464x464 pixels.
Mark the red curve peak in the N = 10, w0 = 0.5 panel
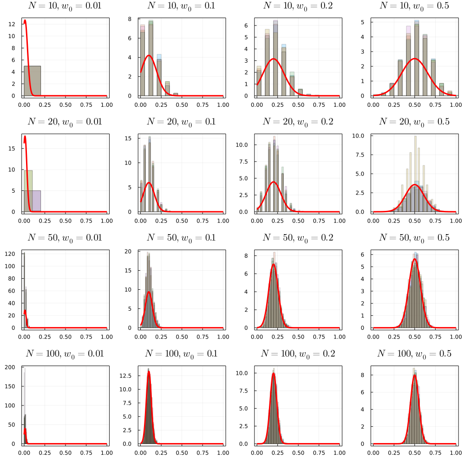[414, 59]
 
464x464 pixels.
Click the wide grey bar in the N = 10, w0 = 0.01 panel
[33, 81]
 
